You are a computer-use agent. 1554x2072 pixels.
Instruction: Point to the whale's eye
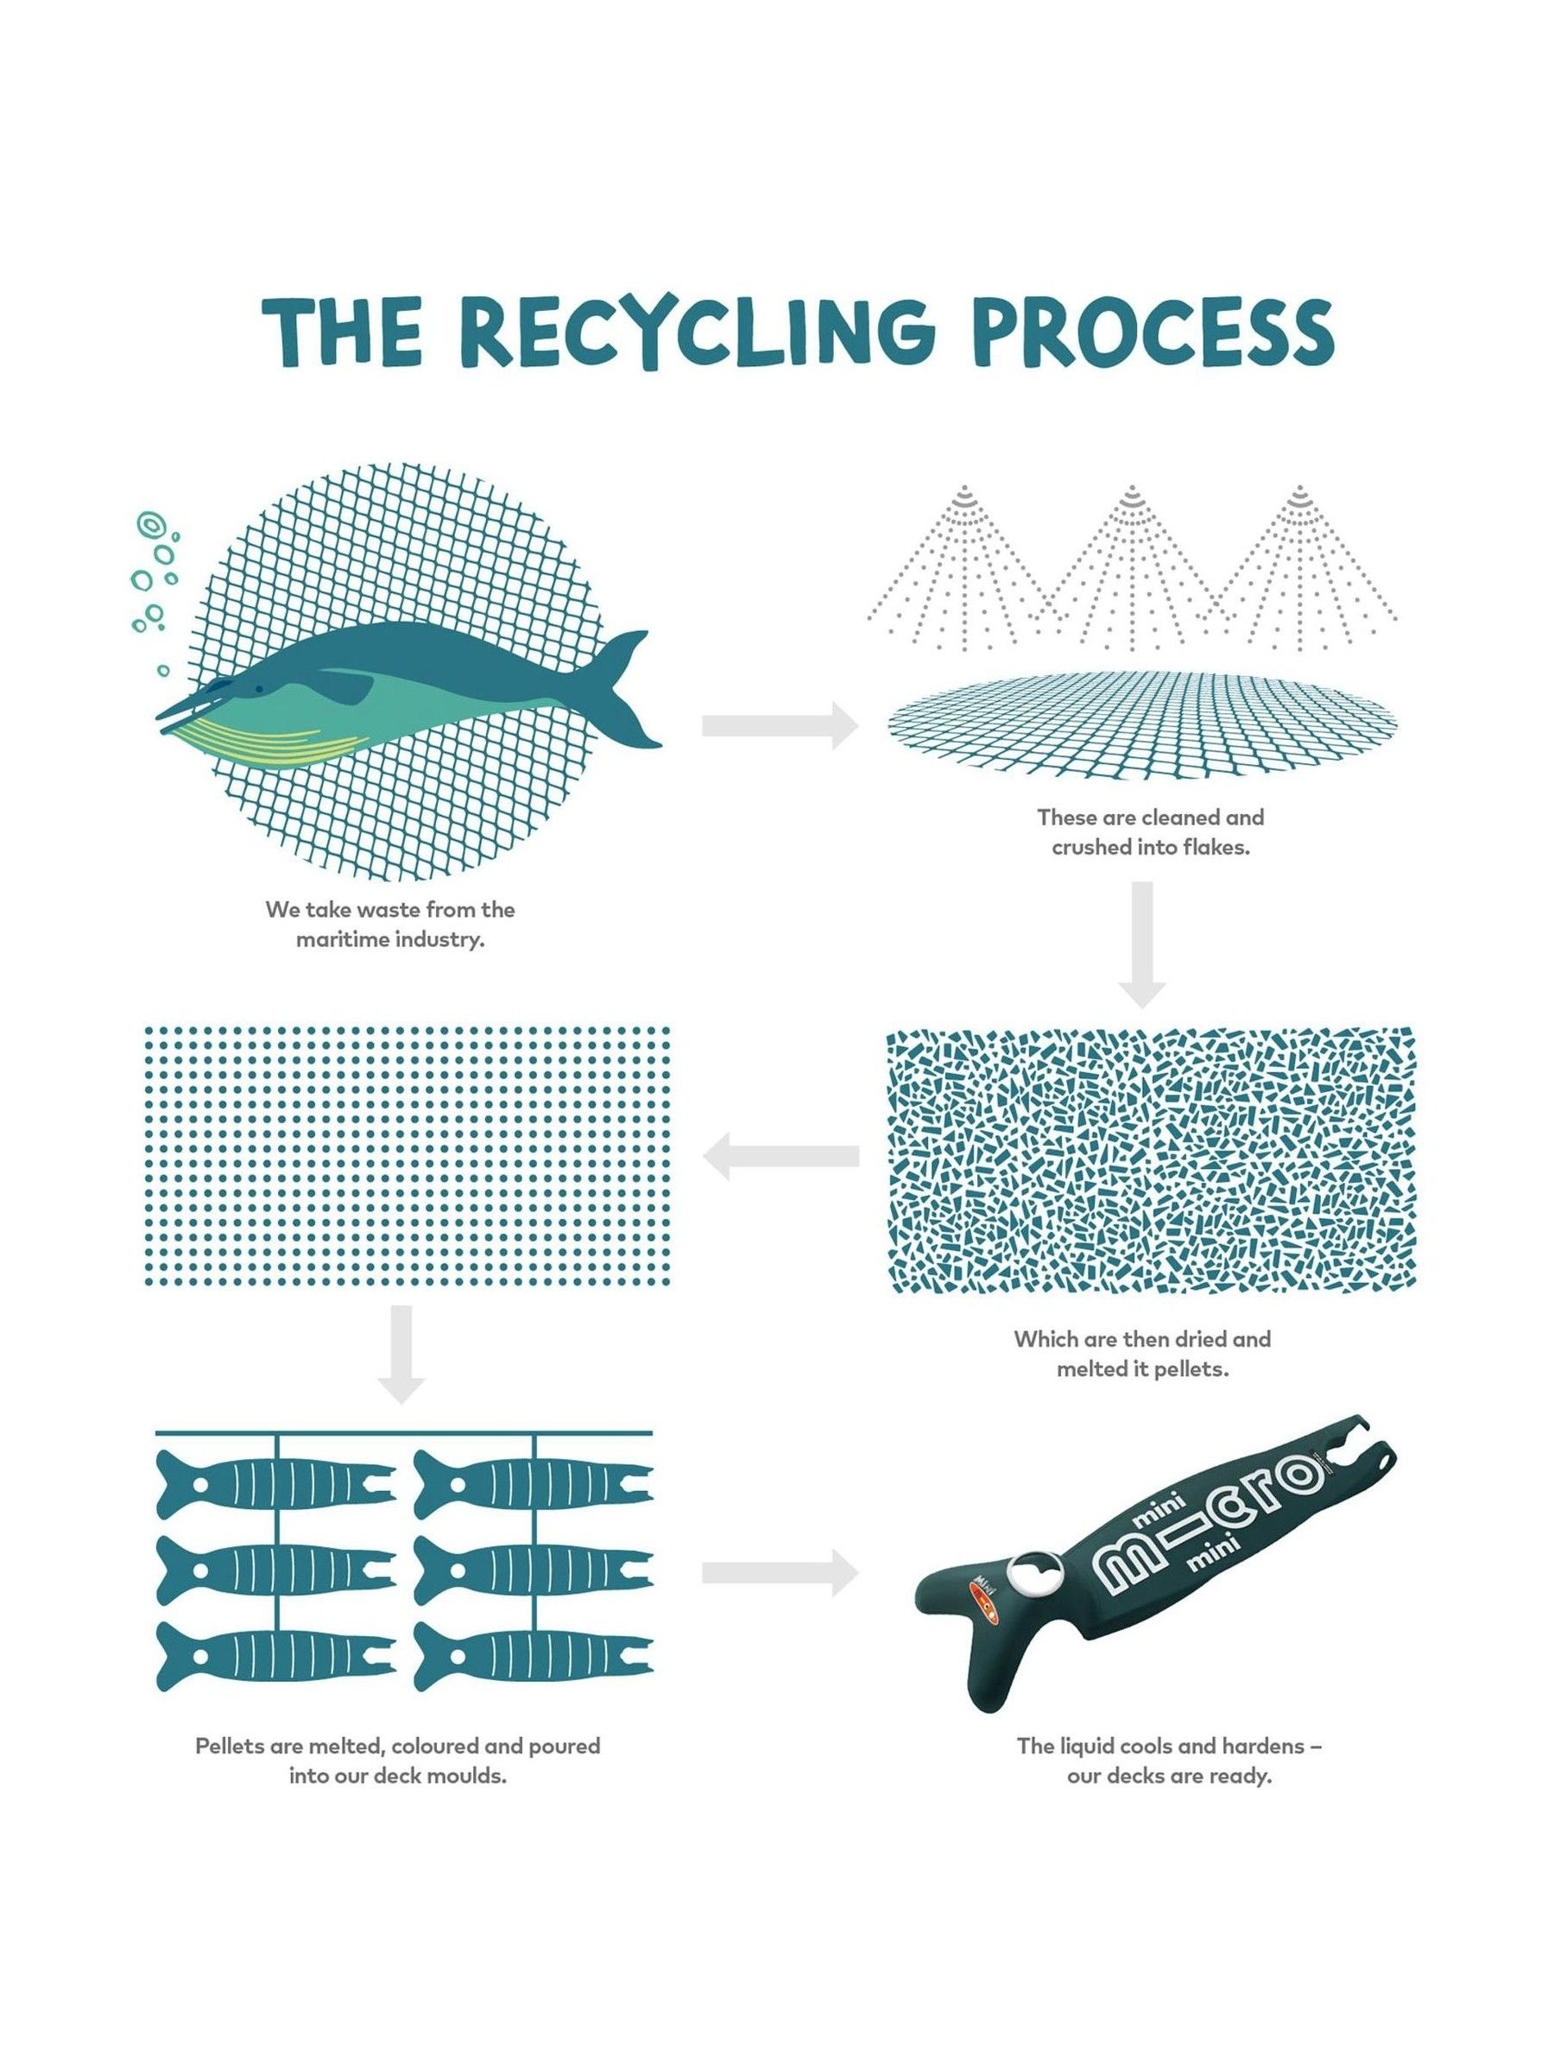click(x=218, y=686)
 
